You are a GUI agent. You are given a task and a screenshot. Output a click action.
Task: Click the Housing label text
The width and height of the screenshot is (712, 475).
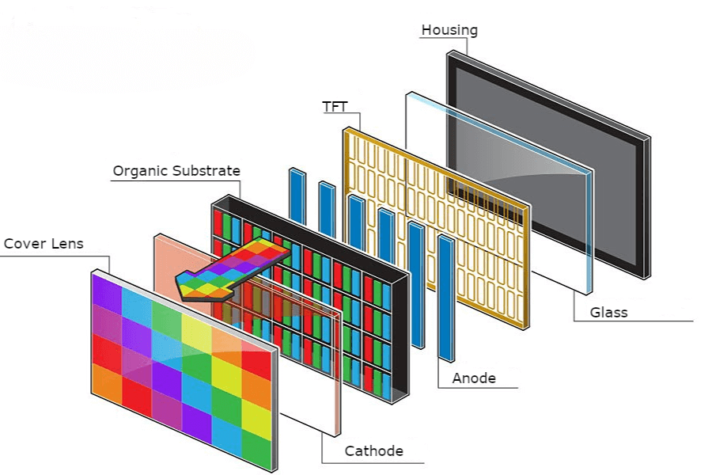[x=449, y=31]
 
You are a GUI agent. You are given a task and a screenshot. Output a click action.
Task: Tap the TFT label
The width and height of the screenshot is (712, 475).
[x=335, y=106]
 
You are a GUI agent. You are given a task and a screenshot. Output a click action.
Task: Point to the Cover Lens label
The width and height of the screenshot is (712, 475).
[x=44, y=244]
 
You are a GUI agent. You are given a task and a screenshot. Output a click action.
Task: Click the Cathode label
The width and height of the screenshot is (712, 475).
[x=373, y=452]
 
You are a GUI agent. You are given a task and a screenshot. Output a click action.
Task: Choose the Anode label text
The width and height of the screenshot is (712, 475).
[x=474, y=378]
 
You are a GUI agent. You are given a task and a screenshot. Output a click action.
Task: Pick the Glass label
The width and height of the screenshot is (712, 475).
[x=608, y=312]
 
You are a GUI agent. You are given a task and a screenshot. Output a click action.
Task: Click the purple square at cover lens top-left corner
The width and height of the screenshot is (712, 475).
[x=107, y=290]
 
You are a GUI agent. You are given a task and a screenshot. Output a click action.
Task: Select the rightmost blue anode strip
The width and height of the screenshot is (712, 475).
[x=446, y=297]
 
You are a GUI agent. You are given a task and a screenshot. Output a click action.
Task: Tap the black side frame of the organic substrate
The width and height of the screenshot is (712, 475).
[x=400, y=332]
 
